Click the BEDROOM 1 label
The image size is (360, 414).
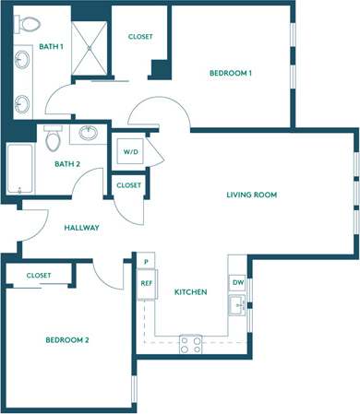click(x=230, y=73)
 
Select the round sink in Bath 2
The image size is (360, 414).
click(x=90, y=134)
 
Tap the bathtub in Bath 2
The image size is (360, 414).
click(x=18, y=169)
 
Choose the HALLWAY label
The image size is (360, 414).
click(x=81, y=228)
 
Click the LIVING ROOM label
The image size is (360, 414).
click(x=252, y=195)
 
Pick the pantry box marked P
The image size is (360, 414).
click(x=145, y=263)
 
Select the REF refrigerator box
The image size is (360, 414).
click(x=145, y=283)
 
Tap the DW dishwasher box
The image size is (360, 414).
click(x=237, y=282)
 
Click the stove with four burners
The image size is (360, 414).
click(x=190, y=344)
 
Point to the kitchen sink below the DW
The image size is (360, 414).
click(x=238, y=305)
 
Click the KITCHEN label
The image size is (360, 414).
click(x=190, y=292)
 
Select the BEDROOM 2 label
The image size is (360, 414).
click(x=66, y=340)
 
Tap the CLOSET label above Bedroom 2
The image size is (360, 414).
click(x=39, y=276)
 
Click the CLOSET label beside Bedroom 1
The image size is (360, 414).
click(x=139, y=37)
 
